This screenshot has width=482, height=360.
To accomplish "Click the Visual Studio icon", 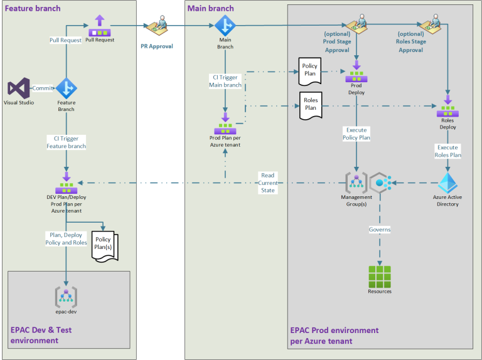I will (18, 88).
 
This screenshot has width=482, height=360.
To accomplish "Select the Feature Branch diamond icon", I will (66, 88).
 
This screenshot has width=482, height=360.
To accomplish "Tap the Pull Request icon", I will (100, 26).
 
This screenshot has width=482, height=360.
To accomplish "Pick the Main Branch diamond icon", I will (225, 26).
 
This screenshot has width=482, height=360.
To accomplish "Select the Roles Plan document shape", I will (310, 104).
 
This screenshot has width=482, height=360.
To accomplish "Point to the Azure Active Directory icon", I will (447, 182).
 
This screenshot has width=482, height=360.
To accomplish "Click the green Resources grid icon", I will (379, 276).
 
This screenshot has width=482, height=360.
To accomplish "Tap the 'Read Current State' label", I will (268, 183).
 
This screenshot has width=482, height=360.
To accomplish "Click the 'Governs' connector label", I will (379, 230).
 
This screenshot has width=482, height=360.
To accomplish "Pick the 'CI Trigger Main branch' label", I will (225, 82).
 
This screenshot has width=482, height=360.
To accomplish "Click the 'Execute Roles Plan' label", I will (447, 151).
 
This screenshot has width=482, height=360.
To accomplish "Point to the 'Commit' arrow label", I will (43, 88).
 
